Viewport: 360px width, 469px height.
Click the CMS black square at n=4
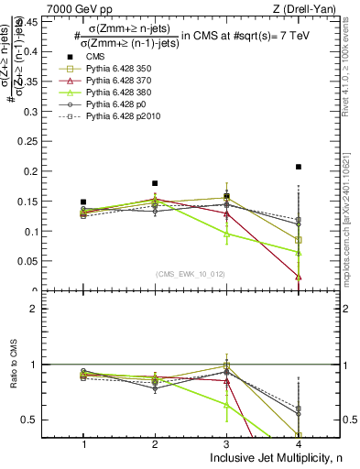[x=299, y=167]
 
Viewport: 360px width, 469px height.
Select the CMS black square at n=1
[x=83, y=202]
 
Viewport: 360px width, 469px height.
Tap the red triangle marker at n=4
[x=299, y=277]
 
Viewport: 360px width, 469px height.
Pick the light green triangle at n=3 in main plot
[x=226, y=234]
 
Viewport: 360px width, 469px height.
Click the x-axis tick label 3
[x=226, y=444]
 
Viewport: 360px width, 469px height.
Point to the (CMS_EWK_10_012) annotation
[x=191, y=274]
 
